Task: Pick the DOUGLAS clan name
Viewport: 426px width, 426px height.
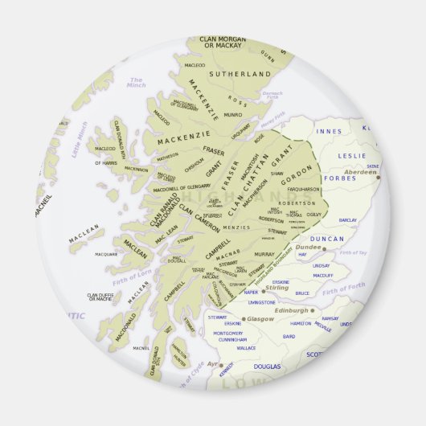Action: point(267,366)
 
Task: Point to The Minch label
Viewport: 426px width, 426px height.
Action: point(137,81)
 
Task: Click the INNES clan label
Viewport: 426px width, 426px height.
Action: point(330,131)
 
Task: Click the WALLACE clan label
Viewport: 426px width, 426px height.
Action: point(246,348)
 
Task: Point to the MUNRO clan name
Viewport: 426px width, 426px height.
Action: point(231,115)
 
